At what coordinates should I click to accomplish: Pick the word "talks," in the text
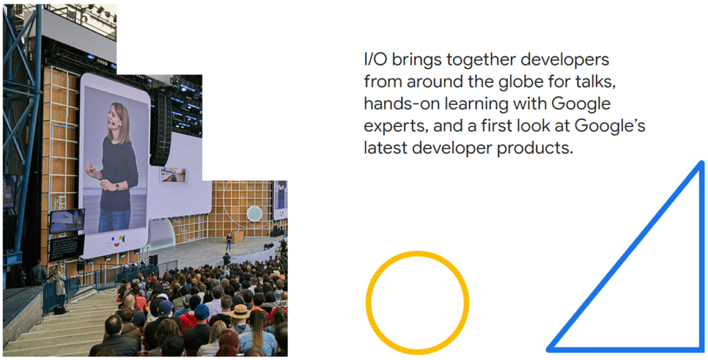[593, 82]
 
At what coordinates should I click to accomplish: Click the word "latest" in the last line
[384, 148]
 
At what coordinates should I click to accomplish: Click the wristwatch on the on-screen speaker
[118, 185]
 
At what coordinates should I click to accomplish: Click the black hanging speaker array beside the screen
[160, 128]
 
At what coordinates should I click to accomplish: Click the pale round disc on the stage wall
[254, 214]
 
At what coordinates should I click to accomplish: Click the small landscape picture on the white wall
[172, 175]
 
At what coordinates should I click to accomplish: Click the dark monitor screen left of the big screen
[66, 220]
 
